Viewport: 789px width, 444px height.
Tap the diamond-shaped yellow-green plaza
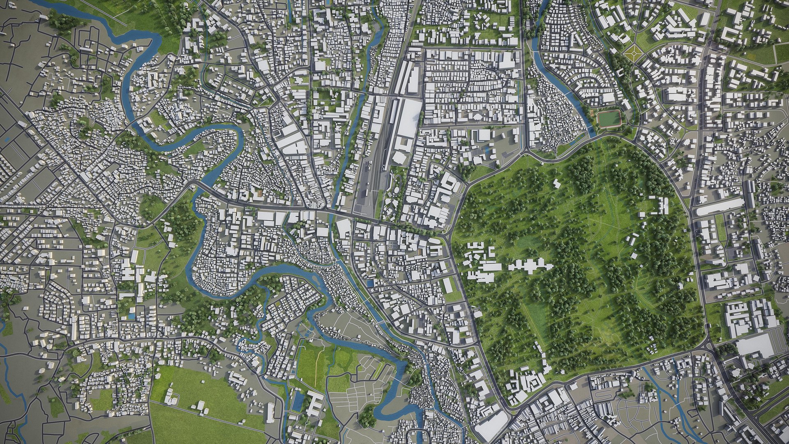pos(632,51)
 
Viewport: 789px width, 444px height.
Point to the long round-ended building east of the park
pos(720,209)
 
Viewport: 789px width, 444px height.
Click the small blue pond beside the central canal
pos(371,283)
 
